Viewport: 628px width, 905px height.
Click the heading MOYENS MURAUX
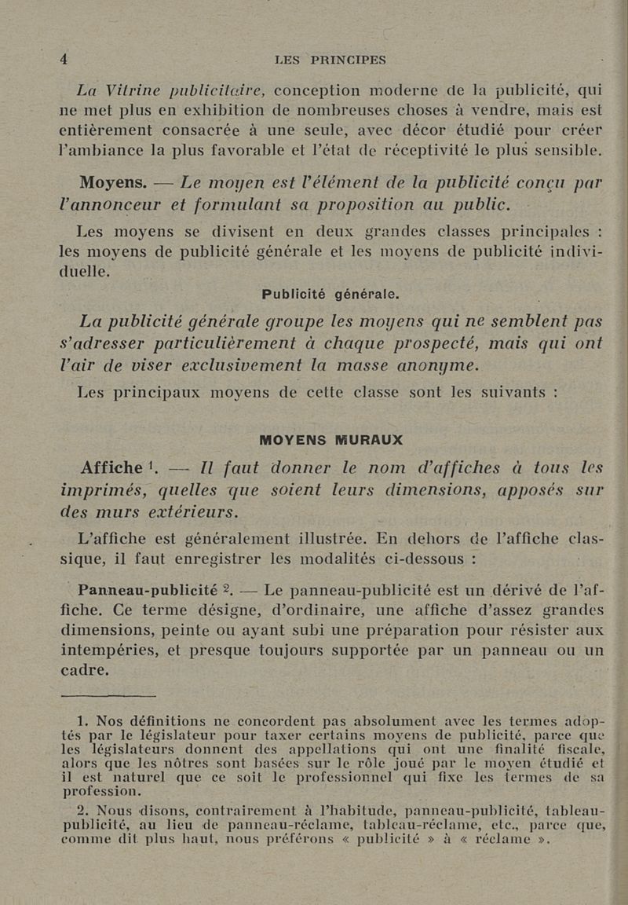click(x=330, y=439)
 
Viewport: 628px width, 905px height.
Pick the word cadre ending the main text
click(x=85, y=670)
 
